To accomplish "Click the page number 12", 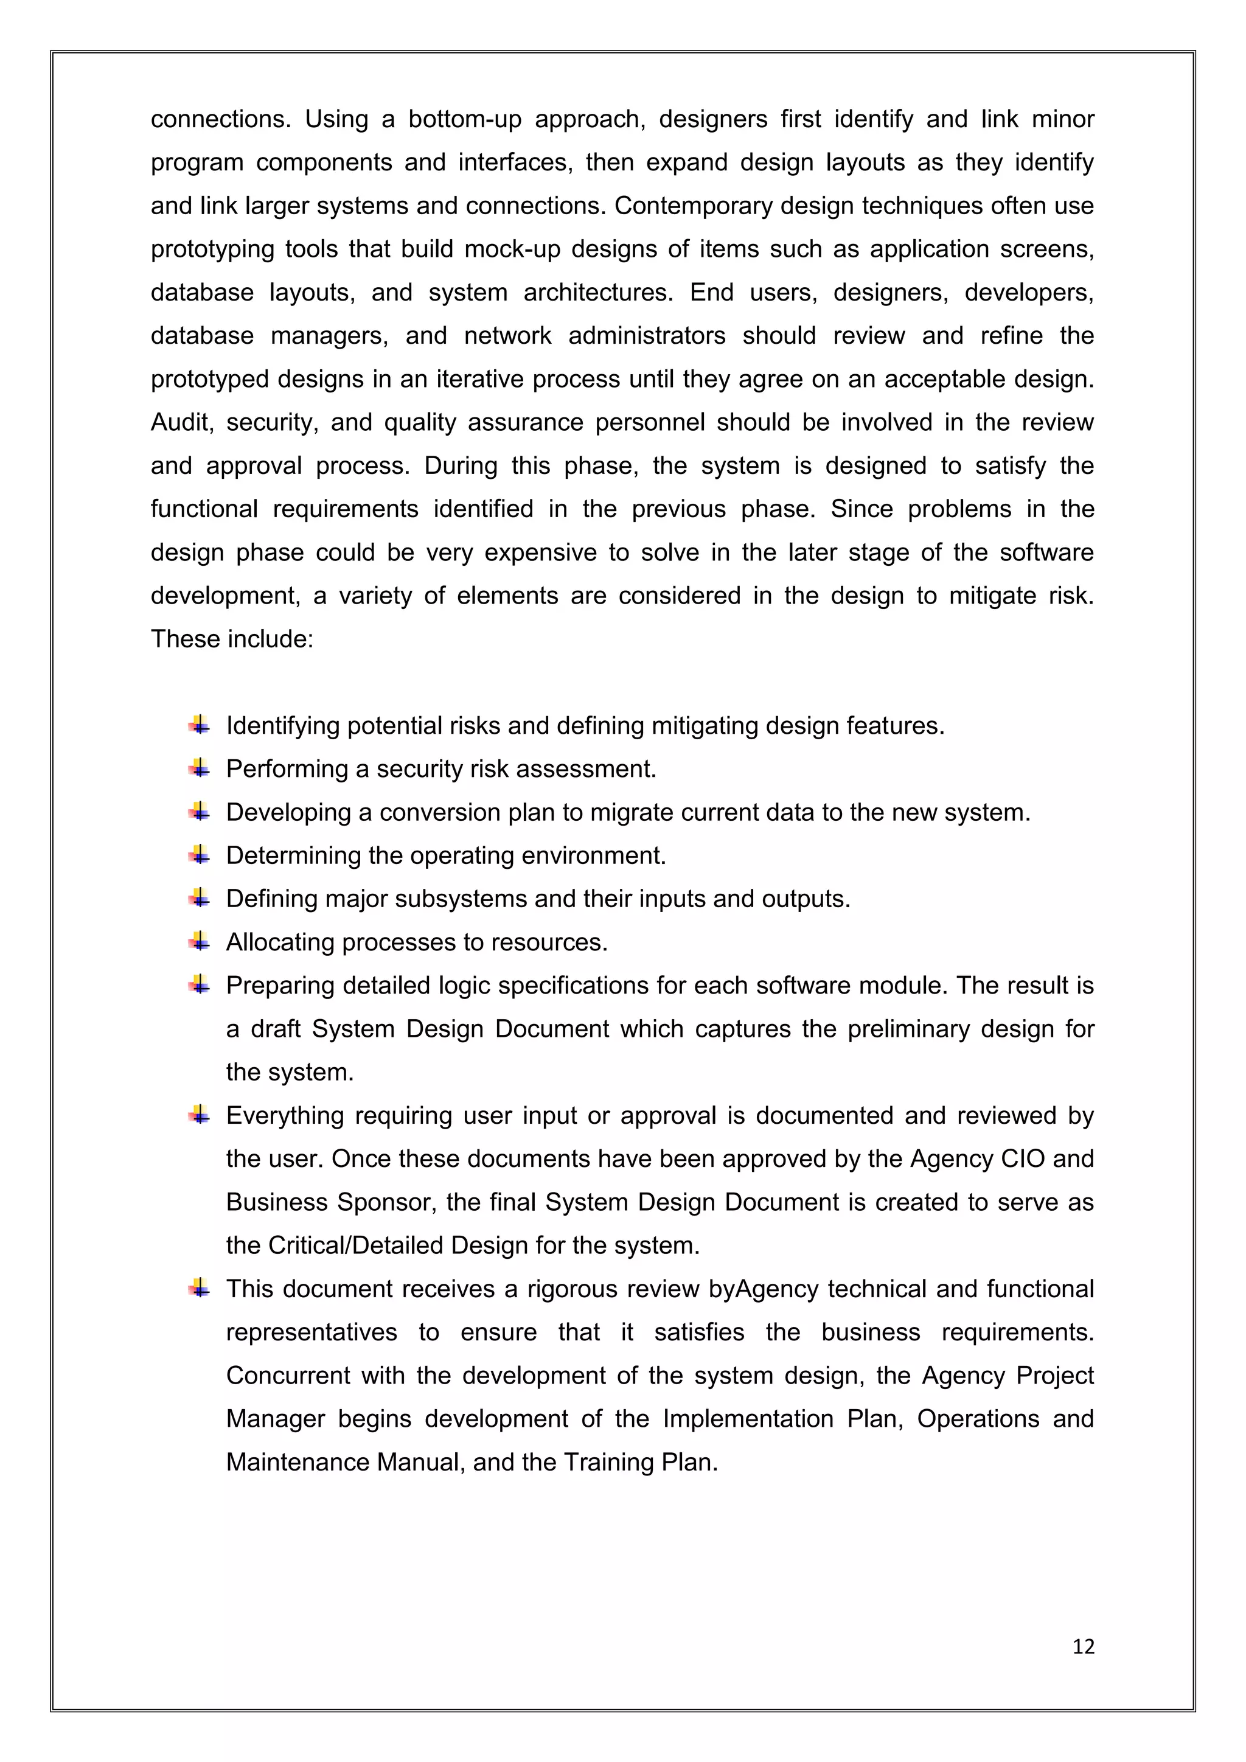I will click(x=1082, y=1646).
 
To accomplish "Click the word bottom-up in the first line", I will click(x=464, y=119).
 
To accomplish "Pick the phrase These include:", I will click(x=232, y=639).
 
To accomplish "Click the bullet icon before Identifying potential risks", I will click(x=200, y=725).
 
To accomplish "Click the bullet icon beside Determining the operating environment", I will click(x=200, y=854).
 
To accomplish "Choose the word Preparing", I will click(x=280, y=986).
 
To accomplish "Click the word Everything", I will click(x=285, y=1116).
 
